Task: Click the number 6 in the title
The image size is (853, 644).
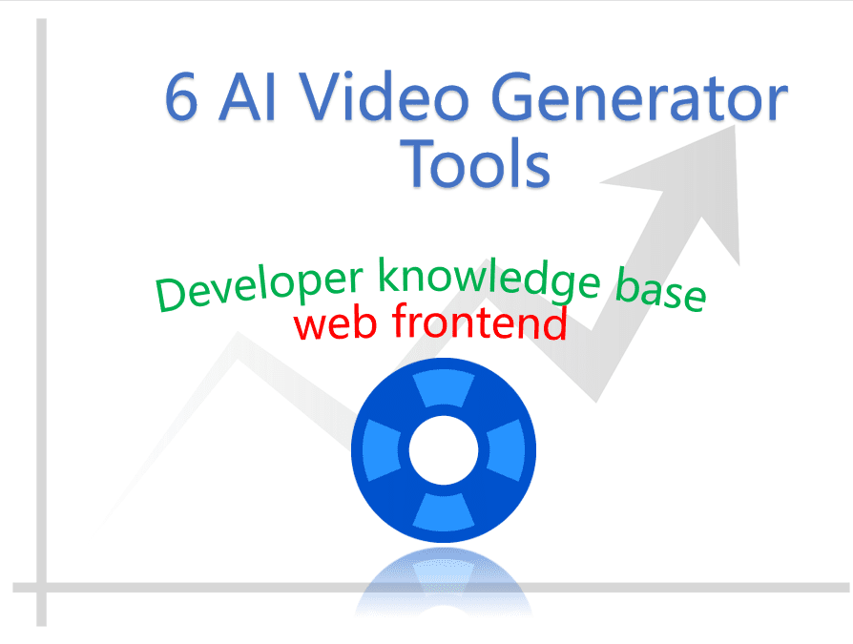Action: [181, 96]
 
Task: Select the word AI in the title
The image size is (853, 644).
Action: [247, 96]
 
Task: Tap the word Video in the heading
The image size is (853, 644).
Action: [385, 95]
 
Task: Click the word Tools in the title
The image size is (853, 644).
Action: [475, 162]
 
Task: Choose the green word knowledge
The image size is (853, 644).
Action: [489, 280]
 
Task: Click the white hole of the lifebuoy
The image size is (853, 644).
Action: [444, 449]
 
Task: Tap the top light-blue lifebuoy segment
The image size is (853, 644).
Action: [444, 388]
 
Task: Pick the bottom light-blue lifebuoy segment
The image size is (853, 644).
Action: [444, 511]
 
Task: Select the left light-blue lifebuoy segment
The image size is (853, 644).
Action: [382, 449]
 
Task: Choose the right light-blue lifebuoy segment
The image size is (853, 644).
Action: [506, 449]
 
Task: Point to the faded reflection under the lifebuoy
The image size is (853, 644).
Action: [444, 582]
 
